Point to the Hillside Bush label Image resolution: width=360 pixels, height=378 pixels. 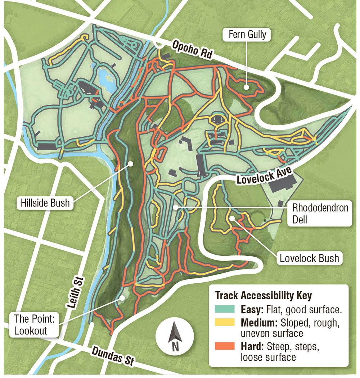point(44,203)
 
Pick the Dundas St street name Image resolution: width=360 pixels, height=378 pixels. point(112,356)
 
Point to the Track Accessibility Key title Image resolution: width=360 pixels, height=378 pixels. point(264,296)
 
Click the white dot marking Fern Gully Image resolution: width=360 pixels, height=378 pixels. point(246,86)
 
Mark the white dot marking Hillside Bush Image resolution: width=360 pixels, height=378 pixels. point(131,164)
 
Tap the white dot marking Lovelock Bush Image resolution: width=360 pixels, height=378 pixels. point(232,218)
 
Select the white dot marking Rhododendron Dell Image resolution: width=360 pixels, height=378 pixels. point(175,207)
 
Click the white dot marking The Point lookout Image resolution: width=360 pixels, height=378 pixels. point(123,297)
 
